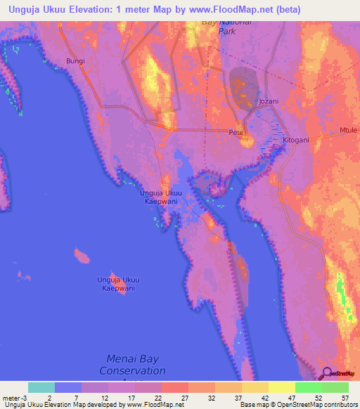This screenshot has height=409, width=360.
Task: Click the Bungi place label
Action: pos(75,61)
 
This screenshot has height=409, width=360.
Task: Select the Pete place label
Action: pos(235,133)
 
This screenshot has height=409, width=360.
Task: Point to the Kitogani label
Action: pos(295,141)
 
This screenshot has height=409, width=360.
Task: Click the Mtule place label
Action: pos(348,131)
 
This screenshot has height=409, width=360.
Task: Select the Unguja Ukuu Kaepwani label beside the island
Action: pos(116,284)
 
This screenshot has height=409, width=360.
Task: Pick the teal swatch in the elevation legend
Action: pos(41,387)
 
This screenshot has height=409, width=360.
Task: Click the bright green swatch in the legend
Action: pos(309,387)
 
